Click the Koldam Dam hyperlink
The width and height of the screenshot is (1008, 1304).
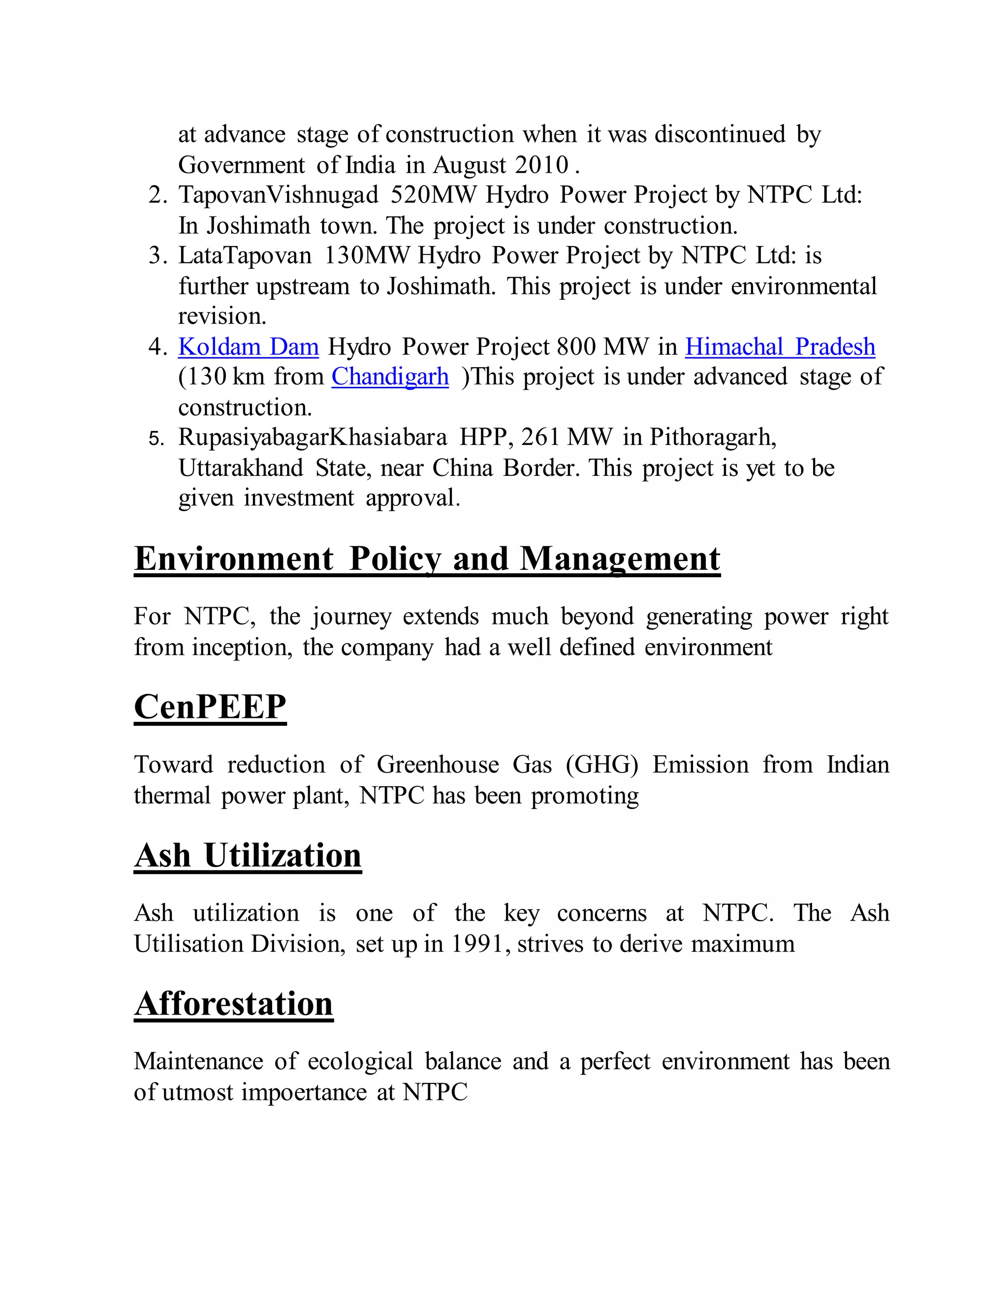pyautogui.click(x=249, y=347)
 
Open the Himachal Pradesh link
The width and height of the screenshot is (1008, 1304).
pyautogui.click(x=780, y=347)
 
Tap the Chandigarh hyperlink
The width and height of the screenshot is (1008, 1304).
pyautogui.click(x=390, y=377)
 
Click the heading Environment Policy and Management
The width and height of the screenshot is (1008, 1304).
pyautogui.click(x=427, y=559)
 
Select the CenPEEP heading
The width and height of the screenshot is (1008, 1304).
pyautogui.click(x=210, y=707)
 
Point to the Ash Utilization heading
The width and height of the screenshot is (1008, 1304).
pyautogui.click(x=248, y=856)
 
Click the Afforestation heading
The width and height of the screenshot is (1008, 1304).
pyautogui.click(x=233, y=1004)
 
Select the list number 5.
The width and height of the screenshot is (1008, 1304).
pyautogui.click(x=156, y=439)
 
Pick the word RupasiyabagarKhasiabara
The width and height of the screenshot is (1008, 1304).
pyautogui.click(x=313, y=437)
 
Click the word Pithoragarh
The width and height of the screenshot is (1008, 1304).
pyautogui.click(x=712, y=437)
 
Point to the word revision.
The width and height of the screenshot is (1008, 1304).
pyautogui.click(x=221, y=316)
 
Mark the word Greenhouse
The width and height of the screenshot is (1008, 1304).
pyautogui.click(x=438, y=765)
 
